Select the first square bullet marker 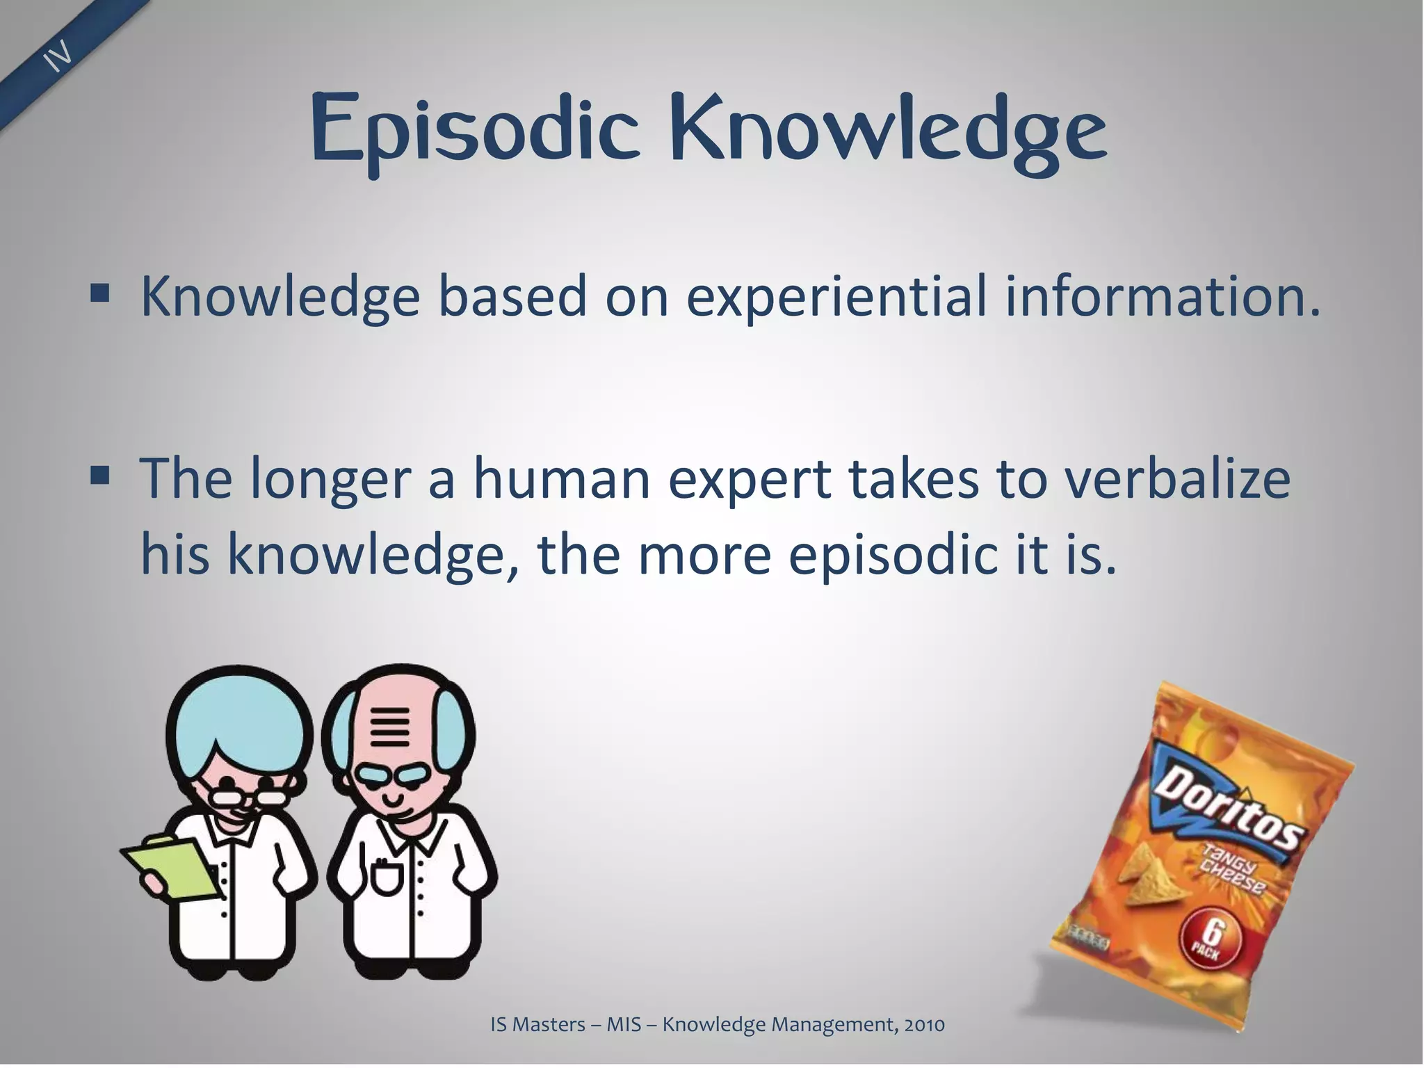click(x=100, y=295)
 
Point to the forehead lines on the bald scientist click(x=390, y=727)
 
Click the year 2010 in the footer click(x=924, y=1024)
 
